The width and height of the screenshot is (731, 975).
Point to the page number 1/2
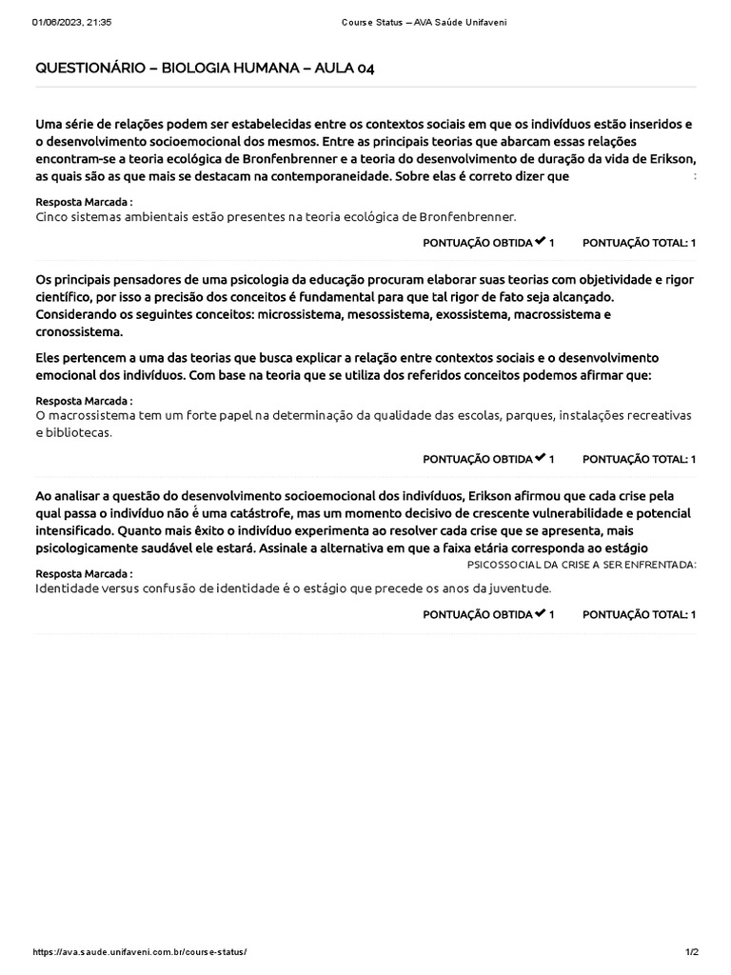691,953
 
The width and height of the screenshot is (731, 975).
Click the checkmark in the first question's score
540,242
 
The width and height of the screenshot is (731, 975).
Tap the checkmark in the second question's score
540,458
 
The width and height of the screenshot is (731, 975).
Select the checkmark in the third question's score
540,613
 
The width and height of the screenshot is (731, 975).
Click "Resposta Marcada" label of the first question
83,203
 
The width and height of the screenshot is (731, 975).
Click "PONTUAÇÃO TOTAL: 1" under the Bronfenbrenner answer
639,243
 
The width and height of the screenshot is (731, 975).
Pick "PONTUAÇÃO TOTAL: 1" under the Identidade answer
639,614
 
